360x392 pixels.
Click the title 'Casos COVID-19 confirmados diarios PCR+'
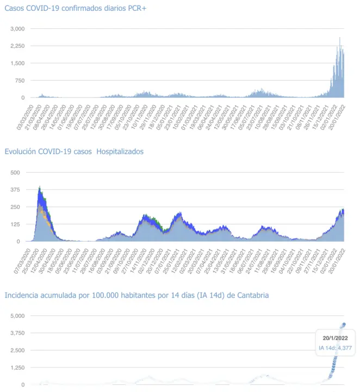coord(75,9)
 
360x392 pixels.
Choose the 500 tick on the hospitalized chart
coord(15,173)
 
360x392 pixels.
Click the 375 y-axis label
coord(15,189)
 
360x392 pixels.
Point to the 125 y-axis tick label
coord(15,224)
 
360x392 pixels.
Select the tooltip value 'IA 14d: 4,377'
coord(335,348)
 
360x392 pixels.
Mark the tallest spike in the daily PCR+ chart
coord(340,38)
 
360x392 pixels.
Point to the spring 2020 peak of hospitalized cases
coord(40,188)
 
